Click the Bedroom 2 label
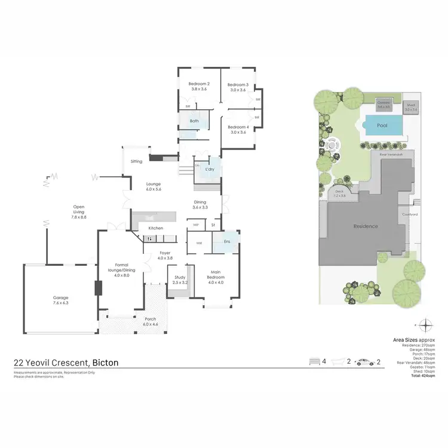(199, 84)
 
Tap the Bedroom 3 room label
(238, 85)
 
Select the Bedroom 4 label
(238, 127)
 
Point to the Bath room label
(194, 121)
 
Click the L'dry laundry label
(210, 169)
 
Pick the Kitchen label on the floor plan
(155, 228)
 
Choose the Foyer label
(165, 253)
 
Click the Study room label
(180, 278)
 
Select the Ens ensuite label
(227, 241)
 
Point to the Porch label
(151, 318)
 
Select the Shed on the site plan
(412, 107)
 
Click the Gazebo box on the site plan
(384, 106)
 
